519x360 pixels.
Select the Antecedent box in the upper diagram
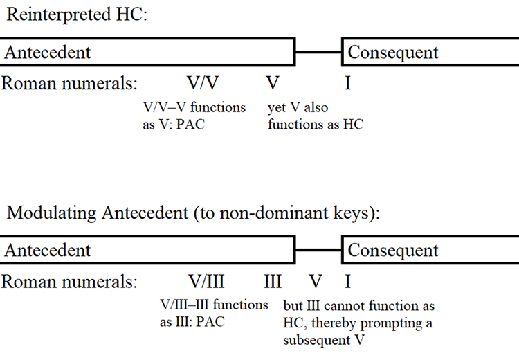point(147,53)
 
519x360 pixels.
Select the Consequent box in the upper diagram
point(429,53)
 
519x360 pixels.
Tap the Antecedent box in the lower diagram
point(147,250)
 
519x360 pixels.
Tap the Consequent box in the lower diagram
point(429,250)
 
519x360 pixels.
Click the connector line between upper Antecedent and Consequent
point(318,53)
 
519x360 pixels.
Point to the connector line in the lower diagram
point(318,250)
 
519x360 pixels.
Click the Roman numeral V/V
point(203,84)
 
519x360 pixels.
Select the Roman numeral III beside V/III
point(273,282)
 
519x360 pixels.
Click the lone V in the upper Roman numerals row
point(273,84)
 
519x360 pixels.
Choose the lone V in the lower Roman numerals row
point(316,282)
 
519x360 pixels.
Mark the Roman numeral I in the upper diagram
point(347,84)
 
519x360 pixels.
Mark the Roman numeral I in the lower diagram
point(347,282)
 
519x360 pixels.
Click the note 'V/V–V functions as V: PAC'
point(193,116)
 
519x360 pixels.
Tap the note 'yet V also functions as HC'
point(315,116)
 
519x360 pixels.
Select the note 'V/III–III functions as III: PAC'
point(214,314)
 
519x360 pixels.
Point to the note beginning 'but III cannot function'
point(358,323)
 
